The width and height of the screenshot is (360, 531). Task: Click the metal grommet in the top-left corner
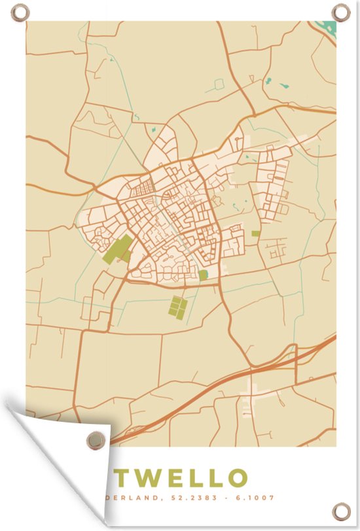click(20, 12)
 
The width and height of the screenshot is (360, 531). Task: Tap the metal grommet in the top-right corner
click(340, 11)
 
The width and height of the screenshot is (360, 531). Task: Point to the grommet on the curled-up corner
click(96, 439)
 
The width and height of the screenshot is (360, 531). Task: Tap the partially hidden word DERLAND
click(134, 498)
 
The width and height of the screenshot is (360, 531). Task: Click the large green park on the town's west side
click(117, 249)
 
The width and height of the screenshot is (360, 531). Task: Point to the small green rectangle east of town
click(255, 233)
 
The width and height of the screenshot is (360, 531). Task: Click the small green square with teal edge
click(204, 275)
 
